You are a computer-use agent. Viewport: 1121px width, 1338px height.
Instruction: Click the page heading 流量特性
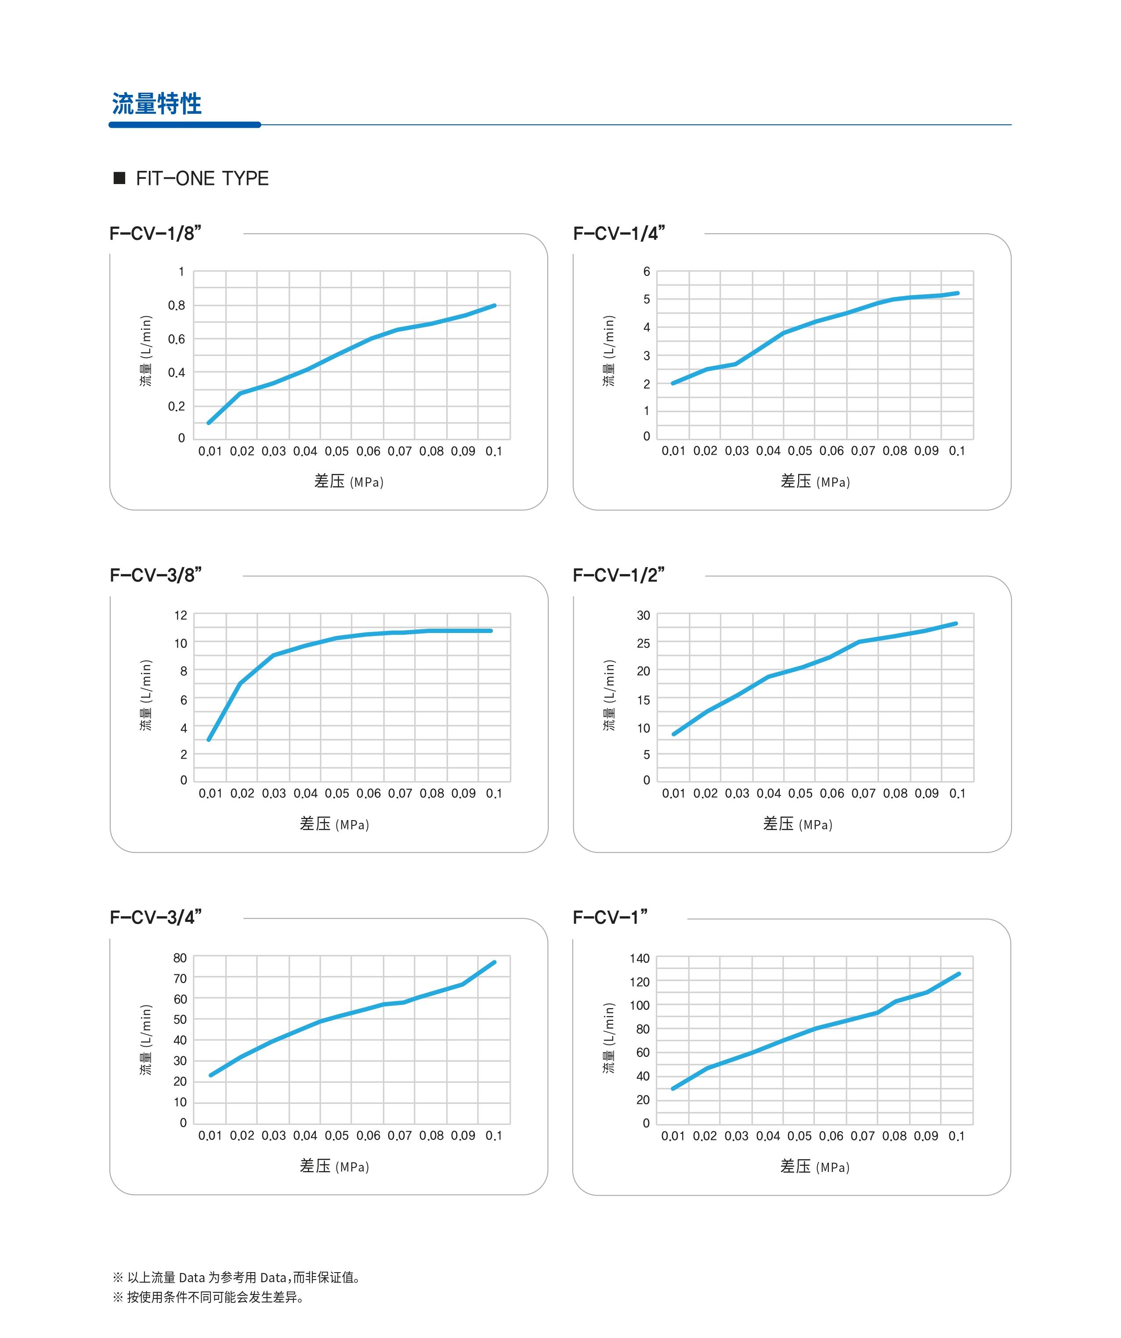coord(157,103)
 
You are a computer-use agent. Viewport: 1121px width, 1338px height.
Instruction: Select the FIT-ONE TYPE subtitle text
coord(202,178)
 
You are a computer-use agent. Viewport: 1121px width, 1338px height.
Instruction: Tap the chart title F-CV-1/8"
coord(155,233)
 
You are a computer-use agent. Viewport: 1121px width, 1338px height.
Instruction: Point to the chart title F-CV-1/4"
coord(619,233)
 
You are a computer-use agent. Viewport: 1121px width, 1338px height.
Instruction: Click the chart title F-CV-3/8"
coord(155,575)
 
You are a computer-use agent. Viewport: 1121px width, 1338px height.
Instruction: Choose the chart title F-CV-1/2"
coord(619,575)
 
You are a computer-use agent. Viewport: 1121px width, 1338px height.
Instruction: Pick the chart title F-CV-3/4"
coord(155,918)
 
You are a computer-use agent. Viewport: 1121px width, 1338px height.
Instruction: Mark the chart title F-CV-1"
coord(610,918)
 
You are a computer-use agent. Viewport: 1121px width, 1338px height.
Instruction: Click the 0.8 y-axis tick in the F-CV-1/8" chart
coord(177,306)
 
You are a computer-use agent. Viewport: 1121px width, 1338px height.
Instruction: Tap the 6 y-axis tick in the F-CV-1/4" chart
coord(646,272)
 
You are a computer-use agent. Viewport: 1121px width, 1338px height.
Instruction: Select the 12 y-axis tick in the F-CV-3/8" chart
coord(181,615)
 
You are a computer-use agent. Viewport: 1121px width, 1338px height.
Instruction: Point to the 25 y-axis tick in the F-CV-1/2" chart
coord(643,644)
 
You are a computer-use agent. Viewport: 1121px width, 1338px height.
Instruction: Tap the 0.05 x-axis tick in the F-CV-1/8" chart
coord(336,451)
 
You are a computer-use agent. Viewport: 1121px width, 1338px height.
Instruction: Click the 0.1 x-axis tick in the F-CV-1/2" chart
coord(957,793)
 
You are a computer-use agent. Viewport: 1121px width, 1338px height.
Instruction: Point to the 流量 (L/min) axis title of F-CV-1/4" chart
coord(609,351)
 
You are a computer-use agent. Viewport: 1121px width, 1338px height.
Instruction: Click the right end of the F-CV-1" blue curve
coord(958,974)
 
